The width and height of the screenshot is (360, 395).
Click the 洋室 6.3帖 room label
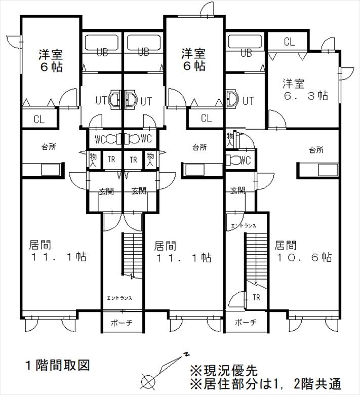[x=305, y=90]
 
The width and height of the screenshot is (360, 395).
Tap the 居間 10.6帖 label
[x=303, y=251]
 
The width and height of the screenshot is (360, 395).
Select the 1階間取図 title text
[x=58, y=365]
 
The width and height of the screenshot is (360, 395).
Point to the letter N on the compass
[x=186, y=354]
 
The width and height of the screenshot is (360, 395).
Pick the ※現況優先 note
[x=224, y=370]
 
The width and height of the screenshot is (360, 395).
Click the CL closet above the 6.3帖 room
[x=289, y=42]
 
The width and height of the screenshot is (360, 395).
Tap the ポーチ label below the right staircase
[x=246, y=322]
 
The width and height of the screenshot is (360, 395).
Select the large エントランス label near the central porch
[x=119, y=298]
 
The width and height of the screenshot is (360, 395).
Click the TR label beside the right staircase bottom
[x=256, y=297]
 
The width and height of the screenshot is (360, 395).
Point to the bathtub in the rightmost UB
[x=245, y=42]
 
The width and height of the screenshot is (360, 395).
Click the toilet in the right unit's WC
[x=233, y=160]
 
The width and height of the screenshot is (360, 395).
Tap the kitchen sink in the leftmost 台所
[x=51, y=170]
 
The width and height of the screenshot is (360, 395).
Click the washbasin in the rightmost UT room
[x=232, y=98]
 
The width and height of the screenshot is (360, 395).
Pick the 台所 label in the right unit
[x=316, y=150]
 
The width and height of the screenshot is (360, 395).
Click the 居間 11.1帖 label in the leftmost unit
[x=58, y=251]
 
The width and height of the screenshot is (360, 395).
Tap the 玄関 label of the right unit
[x=237, y=190]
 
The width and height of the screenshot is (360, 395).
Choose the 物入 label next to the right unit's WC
[x=230, y=140]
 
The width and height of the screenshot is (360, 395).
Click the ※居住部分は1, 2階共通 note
[x=266, y=384]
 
